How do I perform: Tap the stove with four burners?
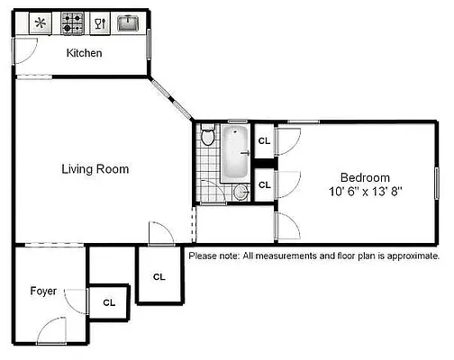pyautogui.click(x=72, y=22)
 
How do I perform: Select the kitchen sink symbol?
pyautogui.click(x=129, y=22)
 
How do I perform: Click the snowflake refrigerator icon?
pyautogui.click(x=41, y=22)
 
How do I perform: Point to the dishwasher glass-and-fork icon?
pyautogui.click(x=100, y=22)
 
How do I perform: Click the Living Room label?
pyautogui.click(x=95, y=168)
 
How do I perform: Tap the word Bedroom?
pyautogui.click(x=364, y=177)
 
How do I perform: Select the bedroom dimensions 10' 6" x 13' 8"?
pyautogui.click(x=364, y=191)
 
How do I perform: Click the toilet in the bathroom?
pyautogui.click(x=208, y=138)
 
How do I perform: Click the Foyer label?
pyautogui.click(x=43, y=291)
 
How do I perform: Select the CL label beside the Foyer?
pyautogui.click(x=109, y=303)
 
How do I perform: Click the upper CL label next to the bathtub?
pyautogui.click(x=264, y=141)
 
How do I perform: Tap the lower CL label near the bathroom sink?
pyautogui.click(x=264, y=184)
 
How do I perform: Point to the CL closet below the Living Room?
pyautogui.click(x=159, y=276)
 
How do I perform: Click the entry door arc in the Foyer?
pyautogui.click(x=52, y=330)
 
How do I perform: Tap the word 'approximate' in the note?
pyautogui.click(x=408, y=256)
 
